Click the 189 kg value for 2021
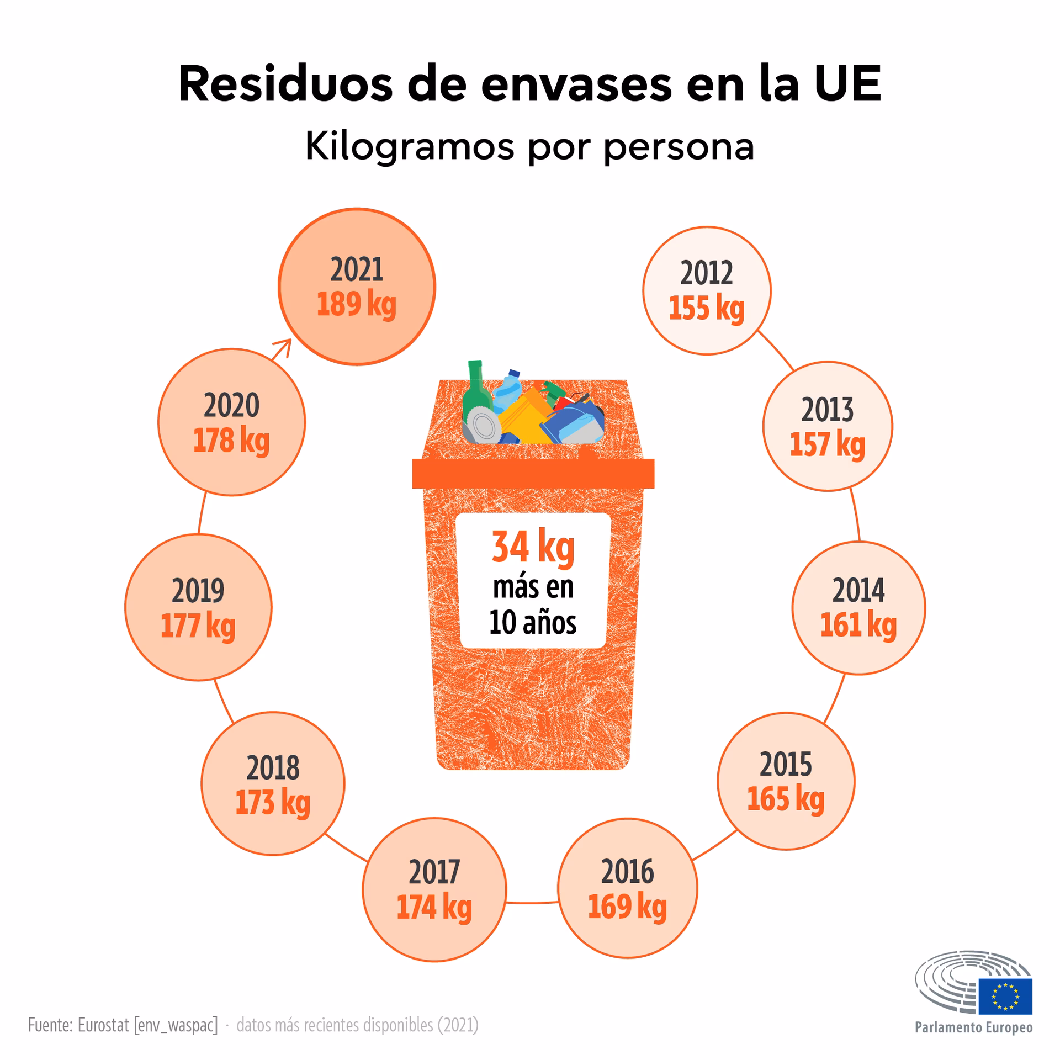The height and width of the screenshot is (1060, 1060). click(356, 305)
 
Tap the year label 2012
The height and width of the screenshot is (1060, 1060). click(706, 273)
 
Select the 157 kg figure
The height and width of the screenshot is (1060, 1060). click(827, 444)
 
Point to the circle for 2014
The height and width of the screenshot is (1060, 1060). click(858, 607)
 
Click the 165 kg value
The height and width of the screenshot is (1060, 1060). click(785, 799)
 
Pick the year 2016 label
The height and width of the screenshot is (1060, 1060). click(627, 872)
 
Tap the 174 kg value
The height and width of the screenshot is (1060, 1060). click(434, 907)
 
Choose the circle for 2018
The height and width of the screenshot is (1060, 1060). click(273, 784)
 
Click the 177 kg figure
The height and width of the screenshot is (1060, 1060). click(198, 626)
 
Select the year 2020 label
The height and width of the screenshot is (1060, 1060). click(231, 405)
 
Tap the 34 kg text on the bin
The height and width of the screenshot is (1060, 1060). click(533, 547)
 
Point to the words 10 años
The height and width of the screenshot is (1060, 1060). click(533, 623)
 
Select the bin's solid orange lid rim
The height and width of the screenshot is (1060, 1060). click(533, 474)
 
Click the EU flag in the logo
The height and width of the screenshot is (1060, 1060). click(1005, 997)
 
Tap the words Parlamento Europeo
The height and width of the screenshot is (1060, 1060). click(973, 1027)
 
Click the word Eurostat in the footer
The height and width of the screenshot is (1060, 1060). click(103, 1025)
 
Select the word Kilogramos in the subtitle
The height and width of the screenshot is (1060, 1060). click(409, 147)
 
